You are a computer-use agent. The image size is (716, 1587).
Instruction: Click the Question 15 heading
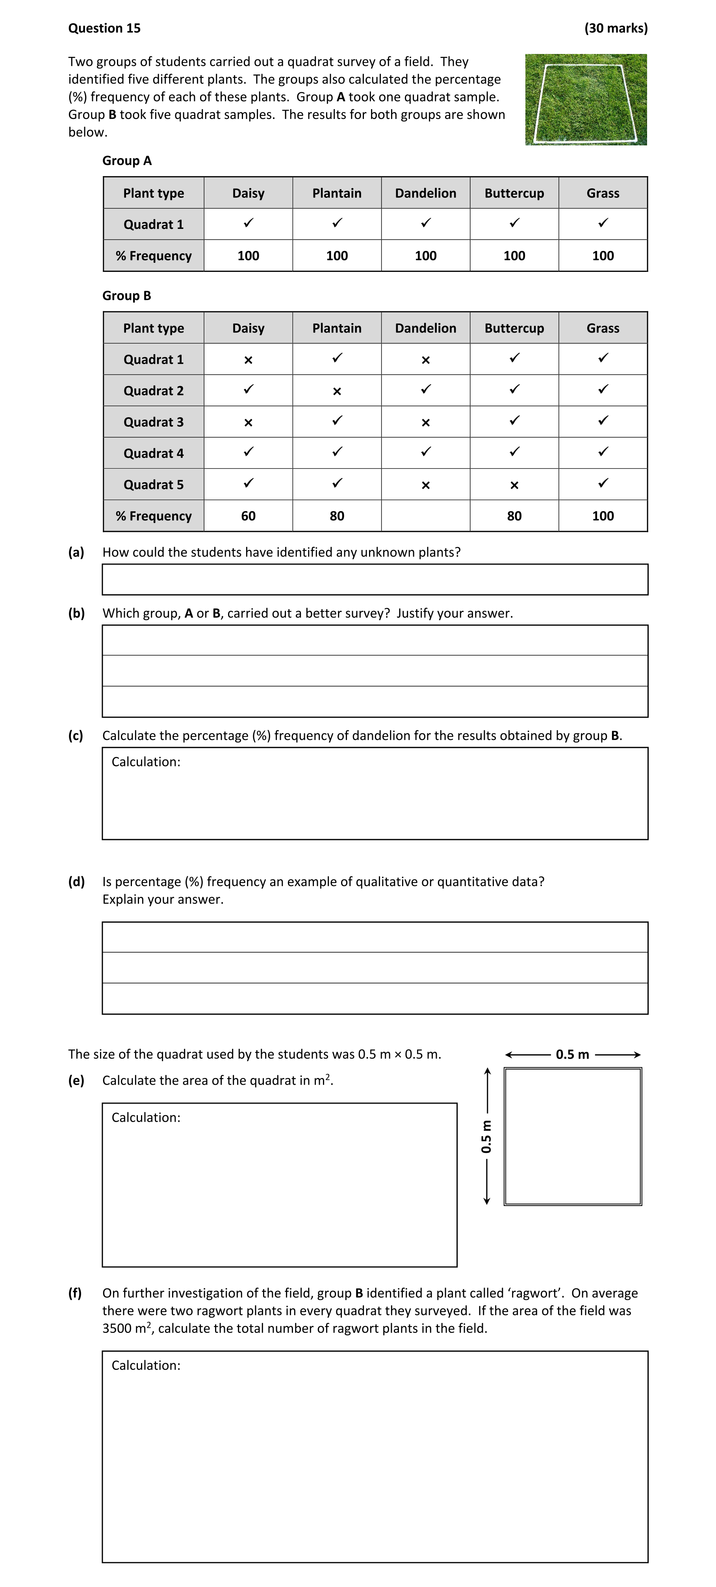click(x=104, y=28)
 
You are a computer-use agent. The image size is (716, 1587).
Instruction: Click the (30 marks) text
click(x=616, y=28)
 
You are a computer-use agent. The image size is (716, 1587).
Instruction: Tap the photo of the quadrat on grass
click(x=586, y=100)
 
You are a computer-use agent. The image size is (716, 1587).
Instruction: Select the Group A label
click(x=127, y=161)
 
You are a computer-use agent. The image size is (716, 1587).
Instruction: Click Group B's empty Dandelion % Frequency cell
click(x=425, y=516)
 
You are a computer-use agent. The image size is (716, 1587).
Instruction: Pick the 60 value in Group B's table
click(x=248, y=516)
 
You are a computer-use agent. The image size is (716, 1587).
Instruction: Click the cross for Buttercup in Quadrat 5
click(x=514, y=485)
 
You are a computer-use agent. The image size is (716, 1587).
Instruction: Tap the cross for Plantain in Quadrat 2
click(x=337, y=391)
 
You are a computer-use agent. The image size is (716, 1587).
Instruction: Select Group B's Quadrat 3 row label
click(x=153, y=422)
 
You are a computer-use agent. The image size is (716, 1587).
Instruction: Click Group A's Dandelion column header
click(x=425, y=193)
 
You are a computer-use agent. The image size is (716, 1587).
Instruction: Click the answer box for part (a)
click(x=375, y=579)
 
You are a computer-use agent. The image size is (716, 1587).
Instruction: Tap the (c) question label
click(x=76, y=736)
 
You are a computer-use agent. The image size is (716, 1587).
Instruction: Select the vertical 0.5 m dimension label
click(x=486, y=1136)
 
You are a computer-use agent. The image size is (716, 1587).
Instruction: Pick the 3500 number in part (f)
click(x=116, y=1328)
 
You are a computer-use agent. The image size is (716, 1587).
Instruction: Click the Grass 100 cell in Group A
click(x=603, y=256)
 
